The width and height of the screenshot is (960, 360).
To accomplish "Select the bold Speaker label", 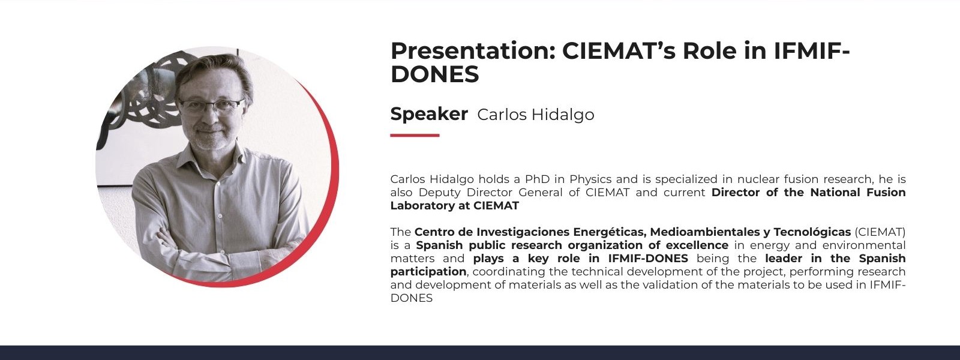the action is point(429,114).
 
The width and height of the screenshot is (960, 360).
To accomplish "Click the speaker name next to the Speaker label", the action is point(536,115).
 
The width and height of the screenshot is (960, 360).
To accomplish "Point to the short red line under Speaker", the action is point(415,136).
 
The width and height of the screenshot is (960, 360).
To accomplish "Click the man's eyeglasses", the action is point(211,106).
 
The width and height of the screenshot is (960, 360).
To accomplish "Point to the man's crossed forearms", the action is point(214,244).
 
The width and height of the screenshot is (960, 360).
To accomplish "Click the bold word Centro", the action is point(432,232).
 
